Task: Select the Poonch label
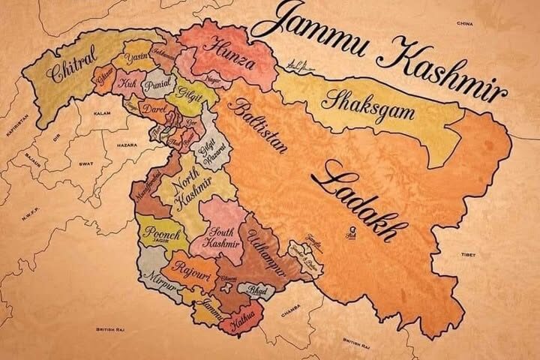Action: pos(161,233)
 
